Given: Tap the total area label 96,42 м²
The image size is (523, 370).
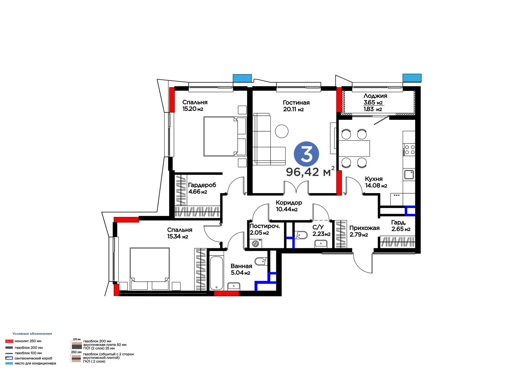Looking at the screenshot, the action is point(311,171).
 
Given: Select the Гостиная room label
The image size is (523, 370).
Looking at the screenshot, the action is point(296,103).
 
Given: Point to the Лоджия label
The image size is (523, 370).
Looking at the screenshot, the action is point(375,96).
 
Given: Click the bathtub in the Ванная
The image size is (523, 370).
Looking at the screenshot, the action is point(216,273).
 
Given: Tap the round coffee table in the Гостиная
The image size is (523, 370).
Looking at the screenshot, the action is point(281,131).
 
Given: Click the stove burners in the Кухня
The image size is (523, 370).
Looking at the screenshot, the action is point(410,150).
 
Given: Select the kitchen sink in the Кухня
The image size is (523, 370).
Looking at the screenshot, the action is point(409,175).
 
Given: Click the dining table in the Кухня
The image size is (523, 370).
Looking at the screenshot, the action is point(354,149).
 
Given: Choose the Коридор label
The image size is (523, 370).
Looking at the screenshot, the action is point(289,203).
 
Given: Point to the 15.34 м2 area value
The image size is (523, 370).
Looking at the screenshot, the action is point(177,237).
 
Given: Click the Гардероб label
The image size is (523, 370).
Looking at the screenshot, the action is point(202,185).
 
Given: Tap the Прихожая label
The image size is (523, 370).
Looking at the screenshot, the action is point(364,228).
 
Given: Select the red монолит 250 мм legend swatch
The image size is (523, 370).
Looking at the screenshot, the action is point(9,341).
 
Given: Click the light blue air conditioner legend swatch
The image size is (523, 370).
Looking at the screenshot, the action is point(9,363).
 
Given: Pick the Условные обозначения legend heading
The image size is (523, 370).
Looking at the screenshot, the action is point(32,334).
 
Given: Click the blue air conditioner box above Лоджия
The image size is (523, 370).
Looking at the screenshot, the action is point(412,78).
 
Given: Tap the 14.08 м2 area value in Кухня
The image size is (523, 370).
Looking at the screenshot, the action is point(376,185).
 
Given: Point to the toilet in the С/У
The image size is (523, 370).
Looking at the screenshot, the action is point(301,235).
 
